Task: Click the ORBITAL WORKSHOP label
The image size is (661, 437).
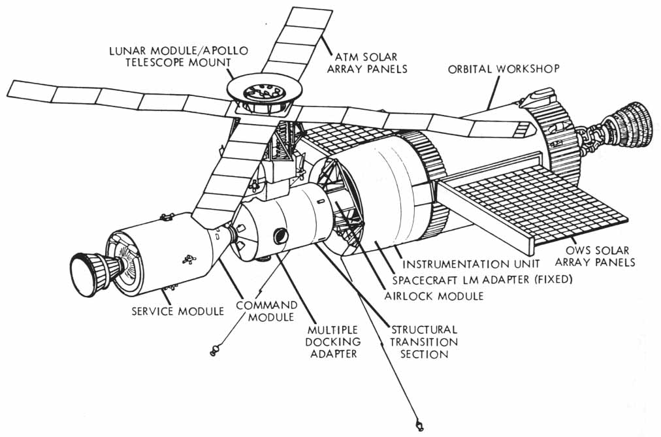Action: point(504,69)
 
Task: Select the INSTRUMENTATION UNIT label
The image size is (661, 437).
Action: point(470,265)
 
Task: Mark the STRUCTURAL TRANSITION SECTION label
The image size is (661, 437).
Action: point(423,342)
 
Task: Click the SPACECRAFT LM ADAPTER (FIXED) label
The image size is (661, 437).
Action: point(483,280)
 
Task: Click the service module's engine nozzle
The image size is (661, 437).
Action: point(85,270)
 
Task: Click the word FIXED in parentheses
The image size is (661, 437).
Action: point(553,280)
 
